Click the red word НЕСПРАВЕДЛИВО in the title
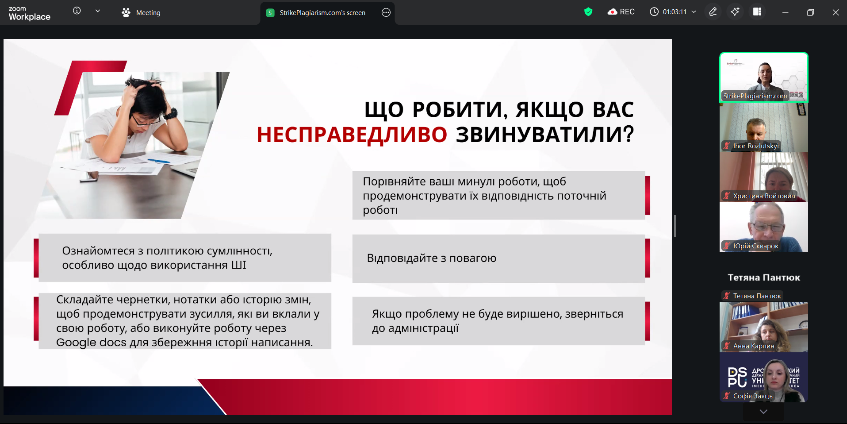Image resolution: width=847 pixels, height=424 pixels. pyautogui.click(x=352, y=135)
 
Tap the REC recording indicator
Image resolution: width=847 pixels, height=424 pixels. pyautogui.click(x=621, y=12)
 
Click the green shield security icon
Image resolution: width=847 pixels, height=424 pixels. pyautogui.click(x=588, y=12)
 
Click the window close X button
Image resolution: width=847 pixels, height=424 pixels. pyautogui.click(x=836, y=12)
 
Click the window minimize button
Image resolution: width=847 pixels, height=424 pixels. pyautogui.click(x=785, y=12)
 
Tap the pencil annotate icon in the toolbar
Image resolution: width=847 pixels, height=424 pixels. pyautogui.click(x=713, y=12)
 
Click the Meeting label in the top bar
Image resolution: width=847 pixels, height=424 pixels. pyautogui.click(x=148, y=13)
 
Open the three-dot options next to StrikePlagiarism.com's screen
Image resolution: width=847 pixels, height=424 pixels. pyautogui.click(x=386, y=12)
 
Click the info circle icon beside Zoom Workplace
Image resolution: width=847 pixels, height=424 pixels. pyautogui.click(x=77, y=11)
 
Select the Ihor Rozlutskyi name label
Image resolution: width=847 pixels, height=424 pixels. pyautogui.click(x=756, y=146)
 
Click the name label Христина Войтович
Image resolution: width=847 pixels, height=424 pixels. pyautogui.click(x=764, y=196)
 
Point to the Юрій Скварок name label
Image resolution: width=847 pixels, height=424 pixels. pyautogui.click(x=756, y=246)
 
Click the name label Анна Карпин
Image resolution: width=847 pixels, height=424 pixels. pyautogui.click(x=754, y=346)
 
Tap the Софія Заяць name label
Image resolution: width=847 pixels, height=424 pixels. pyautogui.click(x=753, y=396)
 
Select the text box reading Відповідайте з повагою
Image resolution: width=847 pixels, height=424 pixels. pyautogui.click(x=498, y=258)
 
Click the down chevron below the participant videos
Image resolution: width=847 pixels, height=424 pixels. pyautogui.click(x=763, y=412)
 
